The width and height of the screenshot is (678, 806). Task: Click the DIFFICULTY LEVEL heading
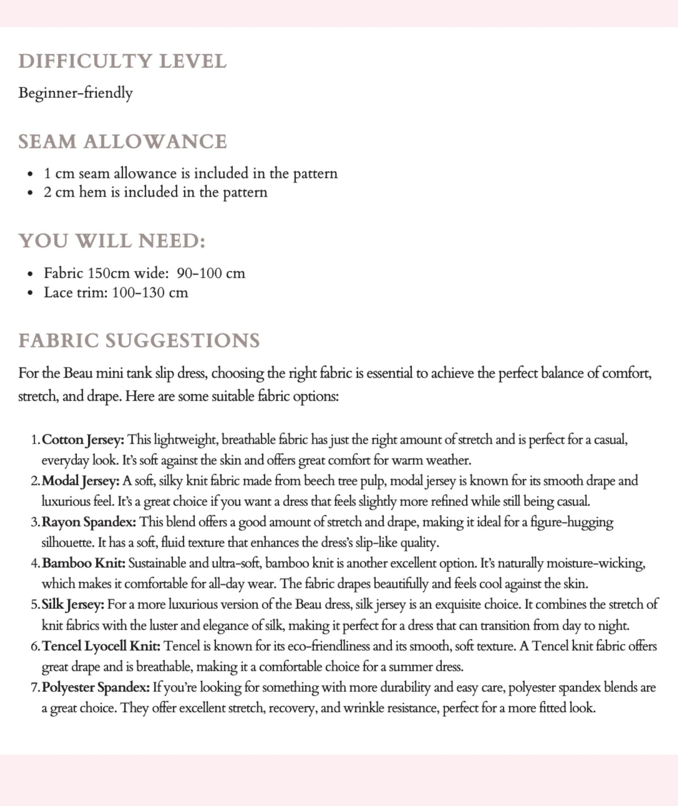click(122, 61)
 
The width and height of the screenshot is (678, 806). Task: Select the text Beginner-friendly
click(75, 93)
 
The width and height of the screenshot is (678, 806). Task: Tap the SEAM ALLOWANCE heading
click(122, 141)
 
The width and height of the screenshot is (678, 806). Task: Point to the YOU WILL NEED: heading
click(112, 241)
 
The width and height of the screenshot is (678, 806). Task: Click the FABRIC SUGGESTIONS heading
click(139, 340)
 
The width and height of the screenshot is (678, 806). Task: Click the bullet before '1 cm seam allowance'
click(30, 174)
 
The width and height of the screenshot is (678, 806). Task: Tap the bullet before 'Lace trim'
click(30, 293)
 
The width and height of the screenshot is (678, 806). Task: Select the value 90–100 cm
click(211, 274)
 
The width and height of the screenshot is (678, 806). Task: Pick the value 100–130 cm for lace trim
click(150, 293)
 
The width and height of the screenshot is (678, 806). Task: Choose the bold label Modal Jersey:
click(80, 481)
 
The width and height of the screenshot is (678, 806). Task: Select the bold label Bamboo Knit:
click(84, 564)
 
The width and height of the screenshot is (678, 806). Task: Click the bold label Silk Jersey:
click(73, 605)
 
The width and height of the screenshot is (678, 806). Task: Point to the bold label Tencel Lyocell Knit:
click(101, 646)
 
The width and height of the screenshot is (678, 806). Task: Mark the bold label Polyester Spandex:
click(95, 687)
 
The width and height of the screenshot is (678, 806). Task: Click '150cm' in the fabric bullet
click(109, 274)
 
